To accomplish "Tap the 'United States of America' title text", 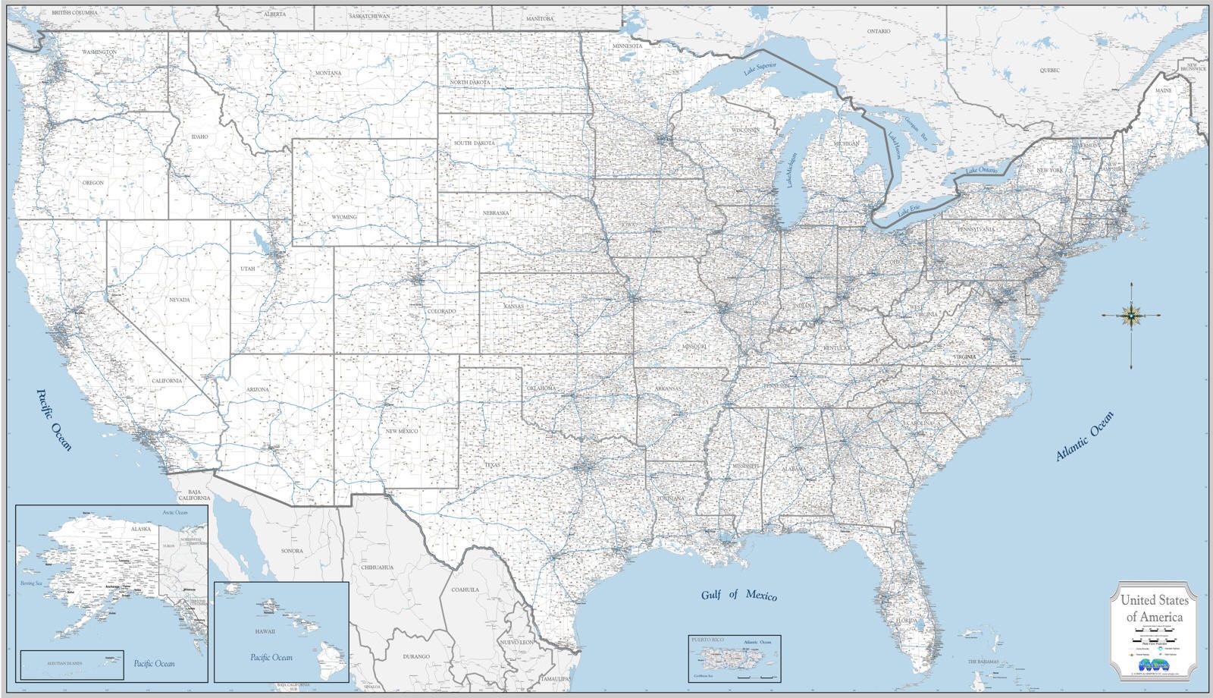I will coord(1154,608).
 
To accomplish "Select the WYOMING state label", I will coord(343,217).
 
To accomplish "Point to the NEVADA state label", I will coord(180,300).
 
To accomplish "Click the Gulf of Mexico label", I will coord(738,595).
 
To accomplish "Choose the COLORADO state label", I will coord(441,311).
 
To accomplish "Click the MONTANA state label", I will coord(328,73).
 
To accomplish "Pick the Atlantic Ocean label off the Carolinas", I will coord(1085,436).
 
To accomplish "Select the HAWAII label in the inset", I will coord(265,631).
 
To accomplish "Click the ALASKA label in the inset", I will coord(141,528).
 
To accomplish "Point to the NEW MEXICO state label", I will coord(402,431).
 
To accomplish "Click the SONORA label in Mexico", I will coord(292,551).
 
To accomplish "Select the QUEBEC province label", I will coord(1049,70).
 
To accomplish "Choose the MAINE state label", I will coord(1162,90).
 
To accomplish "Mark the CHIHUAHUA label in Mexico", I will coord(377,567).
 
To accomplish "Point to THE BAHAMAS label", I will coord(983,662).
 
